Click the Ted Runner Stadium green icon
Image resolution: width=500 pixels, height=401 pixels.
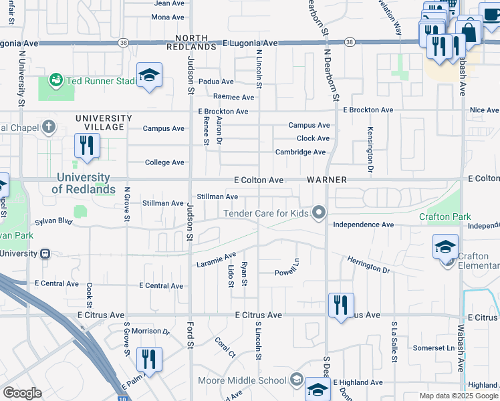point(55,81)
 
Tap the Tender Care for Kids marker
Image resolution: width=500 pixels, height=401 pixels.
point(319,213)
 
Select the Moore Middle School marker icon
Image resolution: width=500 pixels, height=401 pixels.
point(295,381)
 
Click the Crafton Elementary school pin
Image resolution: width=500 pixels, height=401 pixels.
point(446,248)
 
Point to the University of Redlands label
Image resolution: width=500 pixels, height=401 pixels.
point(83,183)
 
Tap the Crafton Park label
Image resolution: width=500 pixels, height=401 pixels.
point(445,217)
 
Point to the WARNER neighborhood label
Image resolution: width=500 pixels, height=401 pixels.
point(326,180)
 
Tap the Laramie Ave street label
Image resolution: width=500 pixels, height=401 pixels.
point(217,259)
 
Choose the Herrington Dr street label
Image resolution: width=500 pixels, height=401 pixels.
point(368,264)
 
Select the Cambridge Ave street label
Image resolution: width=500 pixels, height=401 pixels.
point(300,152)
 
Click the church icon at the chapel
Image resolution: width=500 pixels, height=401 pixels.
point(47,126)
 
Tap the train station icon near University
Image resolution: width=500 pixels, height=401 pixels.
point(45,254)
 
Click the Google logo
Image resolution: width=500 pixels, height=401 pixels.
point(23,393)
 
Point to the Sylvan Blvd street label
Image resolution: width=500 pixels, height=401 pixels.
point(54,221)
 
